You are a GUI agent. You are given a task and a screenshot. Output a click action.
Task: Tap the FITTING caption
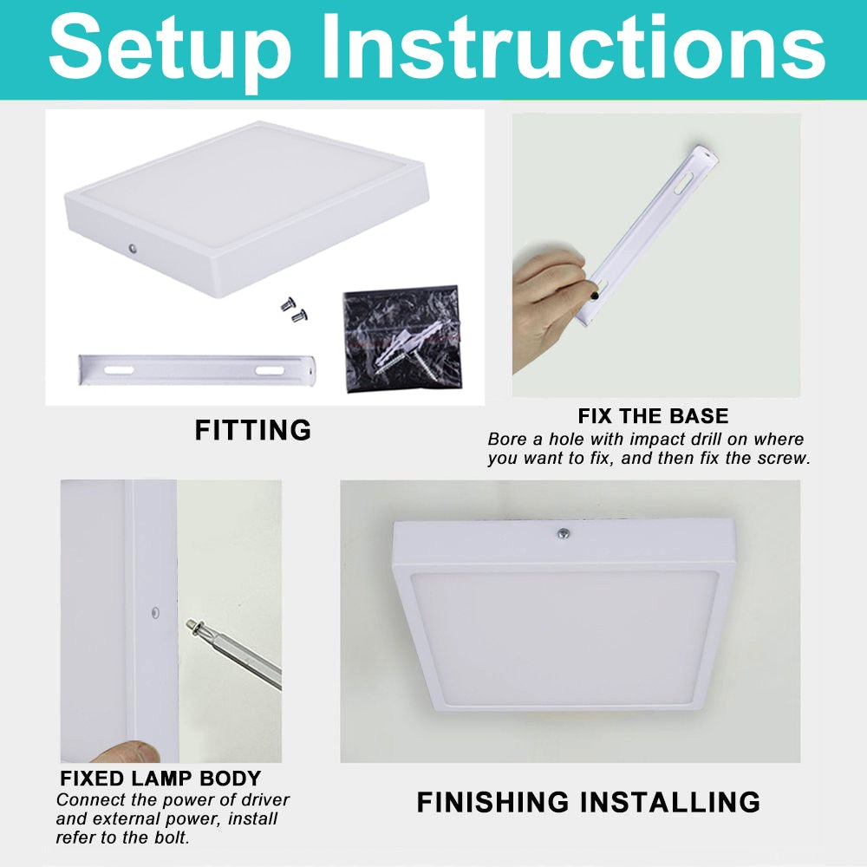pos(252,430)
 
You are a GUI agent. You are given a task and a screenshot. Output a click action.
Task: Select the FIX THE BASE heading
pos(653,415)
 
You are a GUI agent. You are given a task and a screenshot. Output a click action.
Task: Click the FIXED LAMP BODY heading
pos(160,778)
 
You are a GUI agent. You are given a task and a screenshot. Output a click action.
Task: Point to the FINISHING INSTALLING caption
pos(588,802)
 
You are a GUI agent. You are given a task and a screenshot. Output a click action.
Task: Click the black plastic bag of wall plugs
pos(401,339)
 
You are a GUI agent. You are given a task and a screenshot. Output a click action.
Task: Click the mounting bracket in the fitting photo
pos(199,368)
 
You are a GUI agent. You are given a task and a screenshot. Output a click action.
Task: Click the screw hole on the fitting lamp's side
pos(133,249)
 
